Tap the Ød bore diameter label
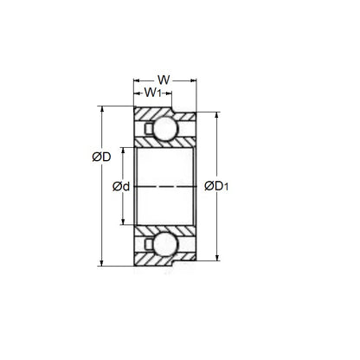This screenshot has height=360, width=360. coord(121,186)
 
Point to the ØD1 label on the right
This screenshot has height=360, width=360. coord(218,185)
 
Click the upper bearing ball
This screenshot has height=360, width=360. coord(164,129)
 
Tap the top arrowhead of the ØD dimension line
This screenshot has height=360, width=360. coord(101,110)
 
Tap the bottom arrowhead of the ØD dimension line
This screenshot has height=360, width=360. coord(101,262)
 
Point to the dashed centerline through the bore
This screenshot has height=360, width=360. coord(164,186)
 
